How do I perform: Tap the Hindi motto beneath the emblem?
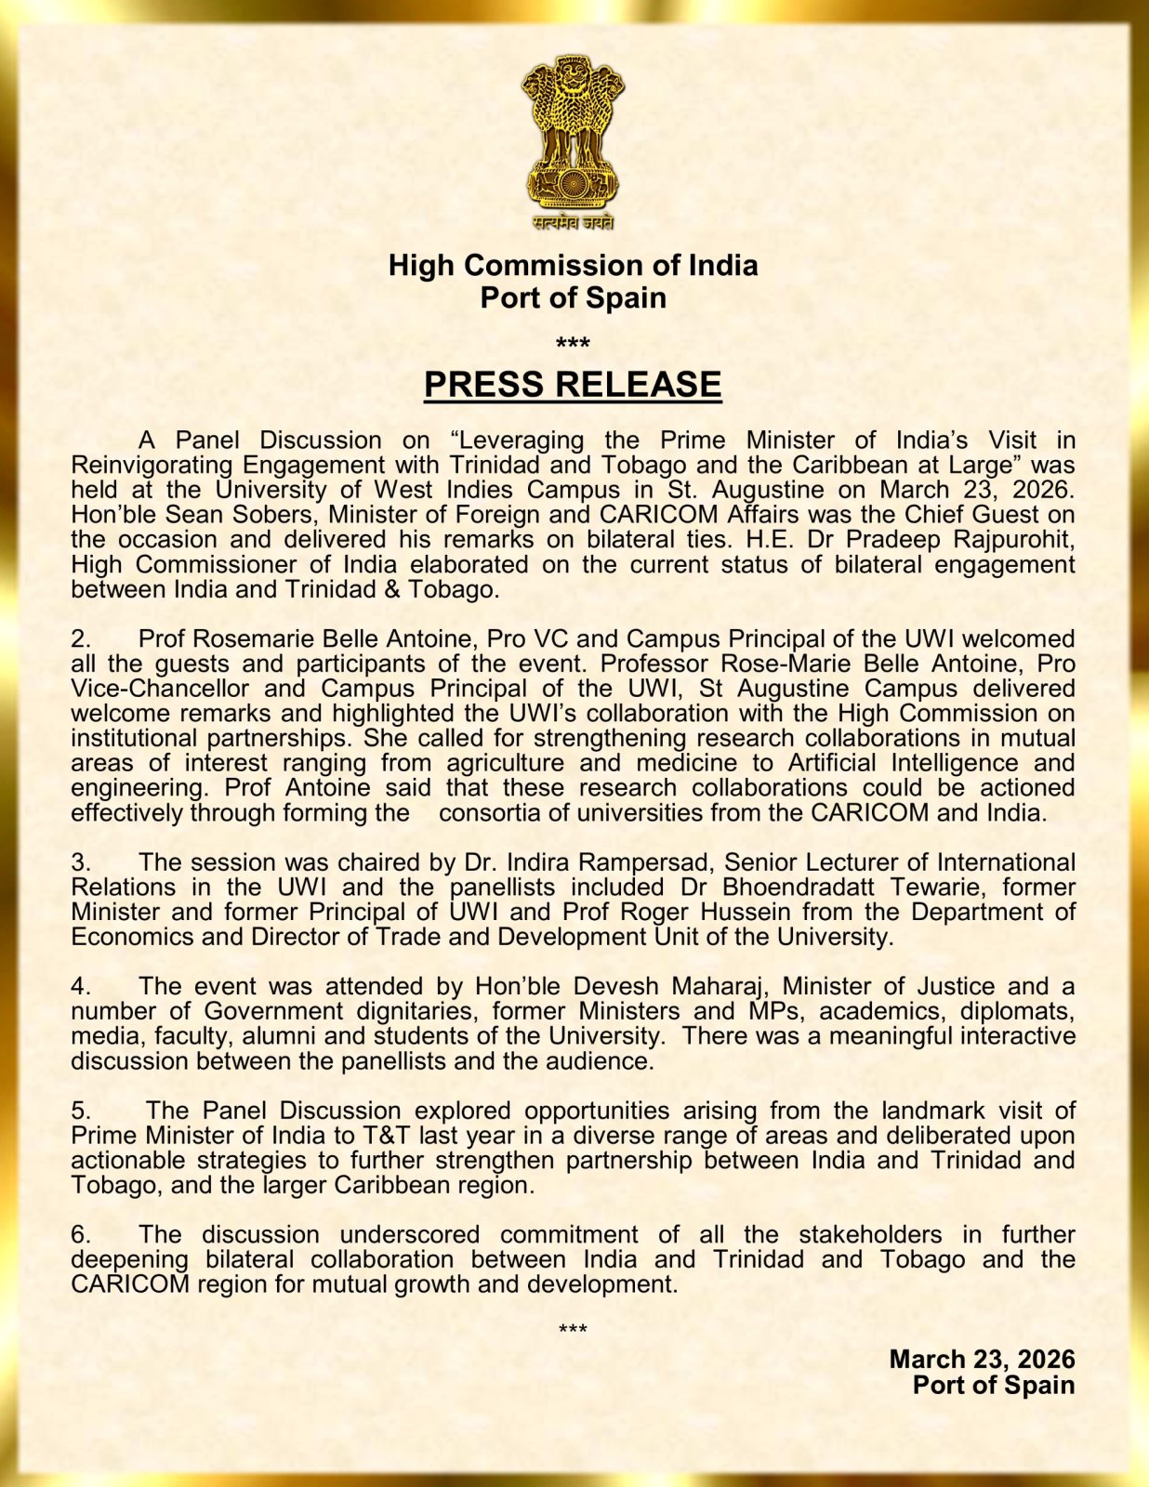pos(573,222)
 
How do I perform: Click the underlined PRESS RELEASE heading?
pos(573,385)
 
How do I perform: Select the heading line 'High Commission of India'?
pos(573,266)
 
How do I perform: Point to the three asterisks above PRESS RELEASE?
pos(573,345)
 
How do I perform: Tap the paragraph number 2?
pos(81,639)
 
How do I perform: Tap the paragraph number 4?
pos(81,987)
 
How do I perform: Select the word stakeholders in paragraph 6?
pos(869,1235)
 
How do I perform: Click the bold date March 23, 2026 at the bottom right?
pos(982,1360)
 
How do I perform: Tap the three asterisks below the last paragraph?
pos(573,1330)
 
